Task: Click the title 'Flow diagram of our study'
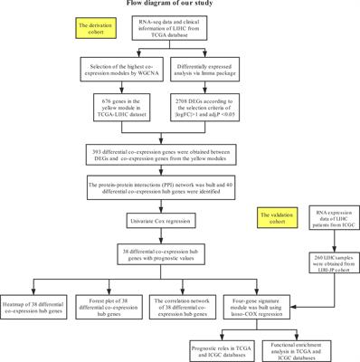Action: (180, 5)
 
